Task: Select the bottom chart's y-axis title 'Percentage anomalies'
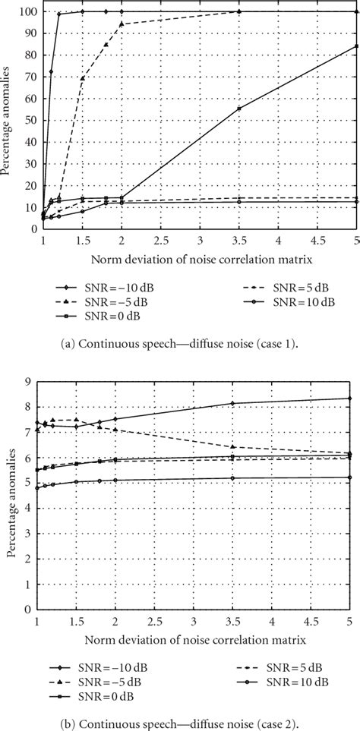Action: (12, 499)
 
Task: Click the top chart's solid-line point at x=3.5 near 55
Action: (239, 109)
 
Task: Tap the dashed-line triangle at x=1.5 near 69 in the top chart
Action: (82, 78)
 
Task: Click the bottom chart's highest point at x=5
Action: (349, 399)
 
